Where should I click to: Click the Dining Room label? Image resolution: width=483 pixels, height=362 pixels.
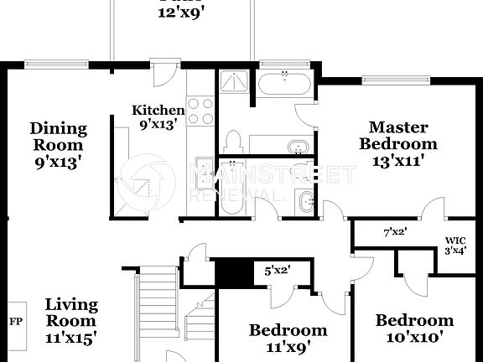point(58,143)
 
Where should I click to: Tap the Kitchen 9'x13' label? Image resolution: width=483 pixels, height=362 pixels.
point(158,118)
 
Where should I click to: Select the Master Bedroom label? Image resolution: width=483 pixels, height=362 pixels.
point(398,143)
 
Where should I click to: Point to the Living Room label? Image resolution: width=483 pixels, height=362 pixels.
point(70,321)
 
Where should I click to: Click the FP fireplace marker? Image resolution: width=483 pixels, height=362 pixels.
point(16,321)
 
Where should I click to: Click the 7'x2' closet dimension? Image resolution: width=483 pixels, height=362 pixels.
point(394,231)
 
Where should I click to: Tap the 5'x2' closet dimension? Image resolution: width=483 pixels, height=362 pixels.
point(277,271)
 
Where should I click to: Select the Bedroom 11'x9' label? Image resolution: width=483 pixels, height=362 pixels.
point(288,338)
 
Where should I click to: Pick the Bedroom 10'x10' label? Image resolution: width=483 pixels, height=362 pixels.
point(414,328)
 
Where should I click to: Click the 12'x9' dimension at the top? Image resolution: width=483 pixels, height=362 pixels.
point(181,13)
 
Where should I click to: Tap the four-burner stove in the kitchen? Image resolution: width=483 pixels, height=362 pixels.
point(200,111)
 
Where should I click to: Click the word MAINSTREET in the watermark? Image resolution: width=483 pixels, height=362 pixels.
point(273,175)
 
